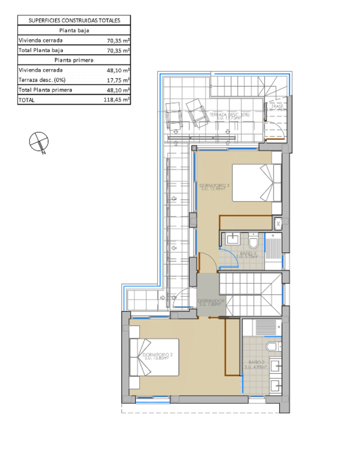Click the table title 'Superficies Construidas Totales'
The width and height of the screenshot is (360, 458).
coord(74,20)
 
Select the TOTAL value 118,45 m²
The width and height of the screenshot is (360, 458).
coord(117,100)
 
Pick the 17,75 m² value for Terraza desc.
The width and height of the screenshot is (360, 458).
coord(118,80)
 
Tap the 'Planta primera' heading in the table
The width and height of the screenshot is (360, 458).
coord(74,60)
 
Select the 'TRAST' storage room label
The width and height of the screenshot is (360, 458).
coord(276,107)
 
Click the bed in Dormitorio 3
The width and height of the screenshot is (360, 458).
coord(256,183)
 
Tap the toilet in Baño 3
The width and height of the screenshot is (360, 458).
coord(253,242)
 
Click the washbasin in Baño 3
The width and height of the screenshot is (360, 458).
coord(233,239)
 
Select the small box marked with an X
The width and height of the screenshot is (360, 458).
coord(278,223)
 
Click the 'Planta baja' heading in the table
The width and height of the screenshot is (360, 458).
coord(74,31)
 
